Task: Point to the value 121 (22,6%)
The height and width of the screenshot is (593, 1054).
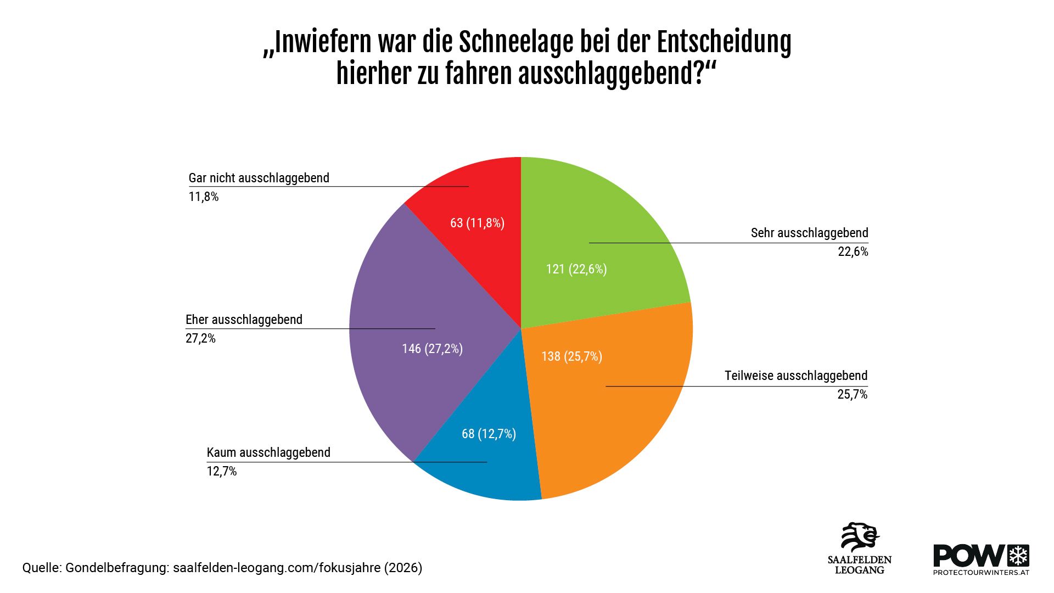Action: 576,269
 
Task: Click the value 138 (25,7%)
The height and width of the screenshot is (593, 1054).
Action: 571,356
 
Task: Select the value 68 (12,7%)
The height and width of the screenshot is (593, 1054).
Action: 489,434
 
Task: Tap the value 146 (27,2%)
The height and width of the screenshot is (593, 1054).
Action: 432,349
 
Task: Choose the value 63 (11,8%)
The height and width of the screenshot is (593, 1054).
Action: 477,223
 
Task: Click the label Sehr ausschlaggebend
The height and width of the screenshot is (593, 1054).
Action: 809,233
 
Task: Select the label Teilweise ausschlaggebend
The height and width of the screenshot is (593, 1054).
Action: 795,376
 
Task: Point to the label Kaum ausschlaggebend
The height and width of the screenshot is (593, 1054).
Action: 268,452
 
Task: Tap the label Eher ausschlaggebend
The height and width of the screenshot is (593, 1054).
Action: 244,320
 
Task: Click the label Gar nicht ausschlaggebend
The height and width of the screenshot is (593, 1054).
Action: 259,178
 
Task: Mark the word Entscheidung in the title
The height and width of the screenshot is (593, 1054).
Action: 724,42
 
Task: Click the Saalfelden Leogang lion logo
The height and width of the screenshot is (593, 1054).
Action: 860,538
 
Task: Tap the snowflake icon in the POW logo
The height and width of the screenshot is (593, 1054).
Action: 1019,556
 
